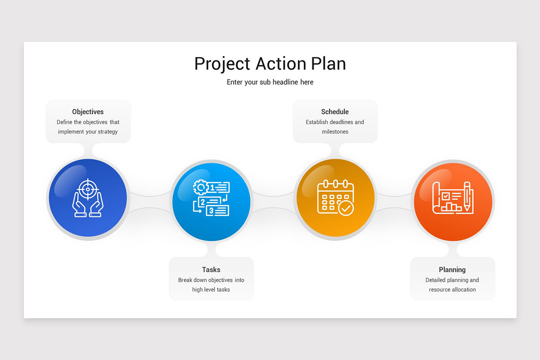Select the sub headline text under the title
(270, 82)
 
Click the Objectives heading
(88, 112)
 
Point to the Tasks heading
(211, 270)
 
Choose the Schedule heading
(335, 112)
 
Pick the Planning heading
(452, 270)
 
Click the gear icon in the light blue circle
(199, 187)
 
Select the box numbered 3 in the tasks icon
(217, 210)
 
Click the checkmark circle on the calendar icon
(346, 208)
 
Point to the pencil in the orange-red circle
(467, 196)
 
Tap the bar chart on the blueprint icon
(451, 207)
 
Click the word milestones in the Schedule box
(335, 132)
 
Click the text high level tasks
(211, 290)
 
